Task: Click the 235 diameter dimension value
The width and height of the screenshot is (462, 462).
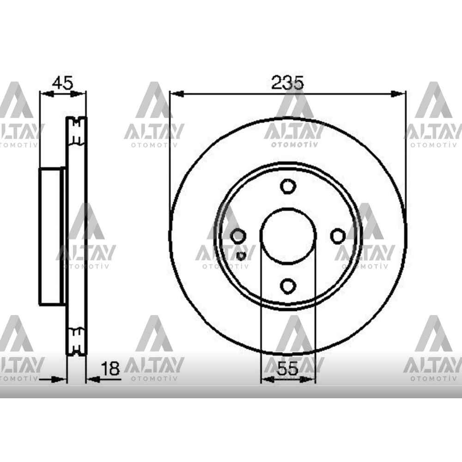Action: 287,83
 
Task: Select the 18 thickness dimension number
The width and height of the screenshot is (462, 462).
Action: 110,368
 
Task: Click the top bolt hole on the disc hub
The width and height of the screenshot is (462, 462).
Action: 287,186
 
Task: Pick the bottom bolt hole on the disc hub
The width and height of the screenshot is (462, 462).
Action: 287,286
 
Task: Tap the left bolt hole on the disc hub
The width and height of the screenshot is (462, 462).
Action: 237,236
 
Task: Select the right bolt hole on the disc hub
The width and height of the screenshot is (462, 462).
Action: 338,236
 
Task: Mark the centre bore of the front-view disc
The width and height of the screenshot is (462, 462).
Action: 287,236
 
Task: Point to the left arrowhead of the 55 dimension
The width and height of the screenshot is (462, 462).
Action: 267,379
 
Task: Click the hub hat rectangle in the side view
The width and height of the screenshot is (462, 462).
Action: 51,237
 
